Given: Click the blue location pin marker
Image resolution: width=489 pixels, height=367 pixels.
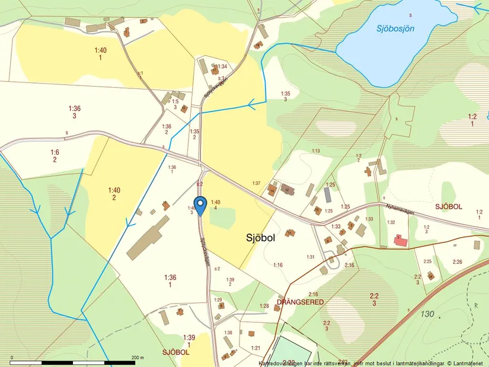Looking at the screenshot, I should point(200,205).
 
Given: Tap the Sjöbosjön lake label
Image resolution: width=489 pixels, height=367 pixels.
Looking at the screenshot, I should point(395,27).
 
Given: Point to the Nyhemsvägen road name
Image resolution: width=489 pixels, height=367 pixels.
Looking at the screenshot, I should point(401,209).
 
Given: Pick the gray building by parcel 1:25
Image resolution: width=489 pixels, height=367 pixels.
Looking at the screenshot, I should point(328,194).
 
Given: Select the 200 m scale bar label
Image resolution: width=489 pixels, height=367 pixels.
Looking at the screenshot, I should point(138,358).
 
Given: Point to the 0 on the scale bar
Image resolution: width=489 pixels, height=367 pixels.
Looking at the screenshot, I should point(12,358).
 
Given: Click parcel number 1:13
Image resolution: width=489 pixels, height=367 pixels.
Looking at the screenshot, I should point(316,151).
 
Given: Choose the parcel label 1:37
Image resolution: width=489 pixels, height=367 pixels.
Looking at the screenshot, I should point(256,183).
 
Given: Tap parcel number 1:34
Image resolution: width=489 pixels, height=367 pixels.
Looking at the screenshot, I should point(222,66).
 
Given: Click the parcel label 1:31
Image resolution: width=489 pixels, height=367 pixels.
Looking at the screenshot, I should point(310,257).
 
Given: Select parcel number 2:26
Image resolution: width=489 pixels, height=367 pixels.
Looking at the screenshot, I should point(457,261).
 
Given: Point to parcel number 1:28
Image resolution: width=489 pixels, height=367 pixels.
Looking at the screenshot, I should point(264,306).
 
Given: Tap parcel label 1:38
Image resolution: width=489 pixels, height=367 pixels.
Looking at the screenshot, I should point(228,333).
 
